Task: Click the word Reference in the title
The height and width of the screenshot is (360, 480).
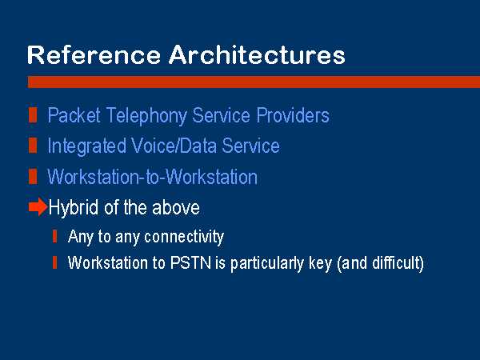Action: pos(94,54)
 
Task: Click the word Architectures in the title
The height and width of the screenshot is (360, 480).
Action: pos(257,54)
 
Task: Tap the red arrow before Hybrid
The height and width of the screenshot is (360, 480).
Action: pos(38,207)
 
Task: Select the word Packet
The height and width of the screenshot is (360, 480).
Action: pos(74,116)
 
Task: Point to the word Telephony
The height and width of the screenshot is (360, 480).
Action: pos(146,116)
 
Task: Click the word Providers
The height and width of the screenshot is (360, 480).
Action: pos(293,115)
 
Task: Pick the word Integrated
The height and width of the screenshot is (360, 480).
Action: pos(87,146)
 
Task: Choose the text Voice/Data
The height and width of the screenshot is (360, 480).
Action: pos(174,146)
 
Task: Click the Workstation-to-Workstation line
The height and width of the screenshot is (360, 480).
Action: pos(152,177)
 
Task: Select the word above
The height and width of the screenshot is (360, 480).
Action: pos(176,207)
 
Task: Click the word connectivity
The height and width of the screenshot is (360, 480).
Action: pos(184,237)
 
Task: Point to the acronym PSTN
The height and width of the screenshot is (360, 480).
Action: pos(190,262)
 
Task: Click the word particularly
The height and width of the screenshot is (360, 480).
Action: pos(266,263)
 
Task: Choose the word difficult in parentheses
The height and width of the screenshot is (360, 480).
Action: pos(397,262)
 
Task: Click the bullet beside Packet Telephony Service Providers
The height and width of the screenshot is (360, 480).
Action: pos(33,115)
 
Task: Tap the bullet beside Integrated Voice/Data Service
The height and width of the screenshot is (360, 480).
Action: pos(33,145)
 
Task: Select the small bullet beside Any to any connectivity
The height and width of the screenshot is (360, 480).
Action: pos(54,236)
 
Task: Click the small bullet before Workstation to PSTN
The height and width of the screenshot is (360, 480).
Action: pos(54,262)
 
